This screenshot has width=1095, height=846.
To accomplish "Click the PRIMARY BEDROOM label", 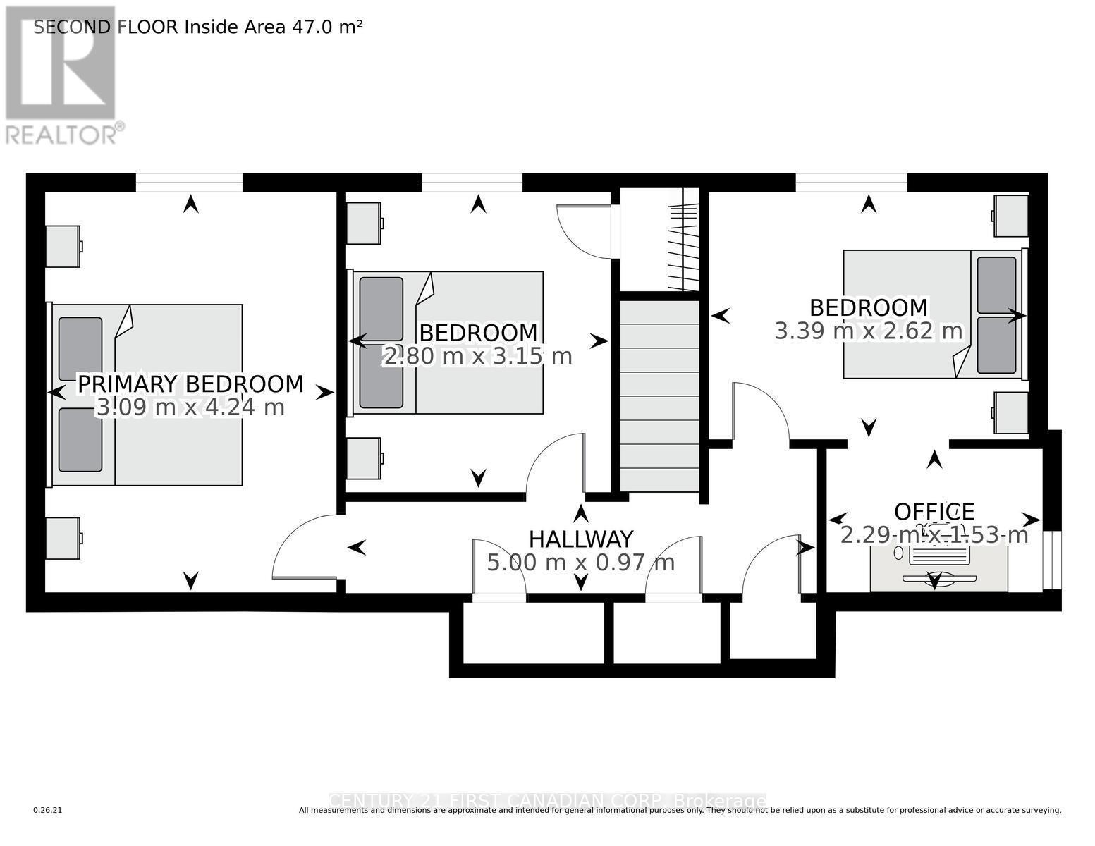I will tap(190, 384).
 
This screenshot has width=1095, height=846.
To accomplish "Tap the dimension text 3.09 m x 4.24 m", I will tap(190, 407).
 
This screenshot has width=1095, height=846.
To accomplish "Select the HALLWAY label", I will tap(581, 539).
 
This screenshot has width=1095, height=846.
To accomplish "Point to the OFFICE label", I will tap(934, 512).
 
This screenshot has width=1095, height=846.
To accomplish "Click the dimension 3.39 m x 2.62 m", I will tap(869, 331).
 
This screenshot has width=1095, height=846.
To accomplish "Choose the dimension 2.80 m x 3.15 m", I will tap(477, 357).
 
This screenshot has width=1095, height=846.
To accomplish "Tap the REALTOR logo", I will tap(61, 74).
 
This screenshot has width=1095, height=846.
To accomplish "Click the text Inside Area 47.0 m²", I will tap(274, 27).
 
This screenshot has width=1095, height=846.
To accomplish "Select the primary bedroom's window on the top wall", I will tap(189, 183).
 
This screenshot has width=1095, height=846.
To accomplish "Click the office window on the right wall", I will tap(1052, 560).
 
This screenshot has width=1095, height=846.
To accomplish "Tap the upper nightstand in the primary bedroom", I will tap(63, 246).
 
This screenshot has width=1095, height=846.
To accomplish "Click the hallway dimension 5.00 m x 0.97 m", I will tap(581, 563).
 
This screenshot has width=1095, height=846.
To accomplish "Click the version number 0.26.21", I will tap(48, 811).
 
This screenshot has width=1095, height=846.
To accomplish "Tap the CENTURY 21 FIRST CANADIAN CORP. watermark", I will tap(547, 802).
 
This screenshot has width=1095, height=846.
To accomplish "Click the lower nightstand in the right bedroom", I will tap(1010, 413).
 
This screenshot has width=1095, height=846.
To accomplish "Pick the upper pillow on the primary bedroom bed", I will tap(80, 350).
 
